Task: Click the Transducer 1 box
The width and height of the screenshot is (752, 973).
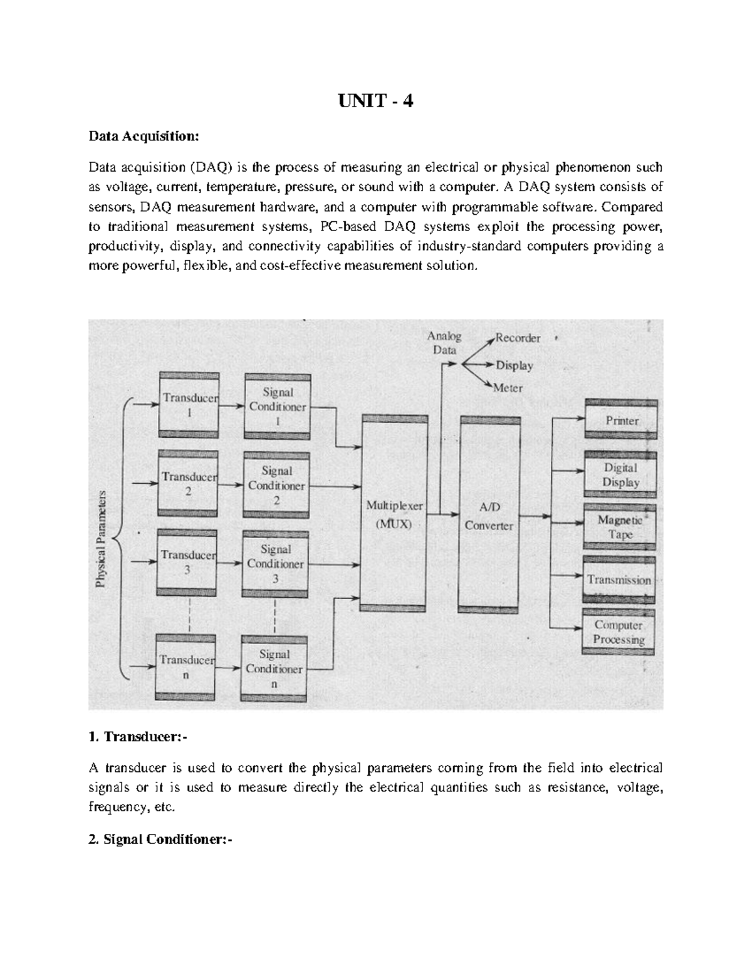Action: coord(188,405)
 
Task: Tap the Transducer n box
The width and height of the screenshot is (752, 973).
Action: coord(187,667)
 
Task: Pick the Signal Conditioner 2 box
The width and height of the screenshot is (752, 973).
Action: coord(276,486)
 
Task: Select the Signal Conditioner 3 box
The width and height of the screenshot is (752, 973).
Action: coord(276,564)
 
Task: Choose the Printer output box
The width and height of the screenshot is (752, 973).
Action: coord(621,420)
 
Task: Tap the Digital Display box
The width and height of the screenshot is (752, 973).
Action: coord(620,475)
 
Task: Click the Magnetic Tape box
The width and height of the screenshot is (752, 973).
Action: coord(620,527)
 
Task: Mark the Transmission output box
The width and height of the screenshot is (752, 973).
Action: coord(619,580)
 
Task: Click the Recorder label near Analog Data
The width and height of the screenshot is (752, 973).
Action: coord(518,338)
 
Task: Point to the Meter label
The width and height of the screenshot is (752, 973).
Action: coord(508,388)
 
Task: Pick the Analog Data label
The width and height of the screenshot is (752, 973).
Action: coord(444,343)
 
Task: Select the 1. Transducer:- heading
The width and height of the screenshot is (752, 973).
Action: coord(138,737)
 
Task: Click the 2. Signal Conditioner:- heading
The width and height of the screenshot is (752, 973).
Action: coord(160,840)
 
